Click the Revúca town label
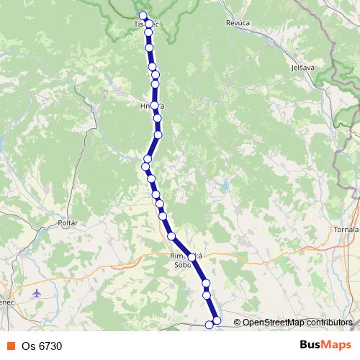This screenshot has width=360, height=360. tap(238, 23)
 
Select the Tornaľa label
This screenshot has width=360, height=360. tap(346, 229)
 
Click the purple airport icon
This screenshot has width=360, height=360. tap(37, 293)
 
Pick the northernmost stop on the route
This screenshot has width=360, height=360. tap(143, 16)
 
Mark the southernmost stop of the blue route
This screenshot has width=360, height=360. tap(210, 325)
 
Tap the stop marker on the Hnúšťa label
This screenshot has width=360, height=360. tap(154, 106)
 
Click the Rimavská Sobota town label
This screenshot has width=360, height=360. tap(187, 260)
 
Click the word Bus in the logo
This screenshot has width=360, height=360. tap(310, 345)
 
